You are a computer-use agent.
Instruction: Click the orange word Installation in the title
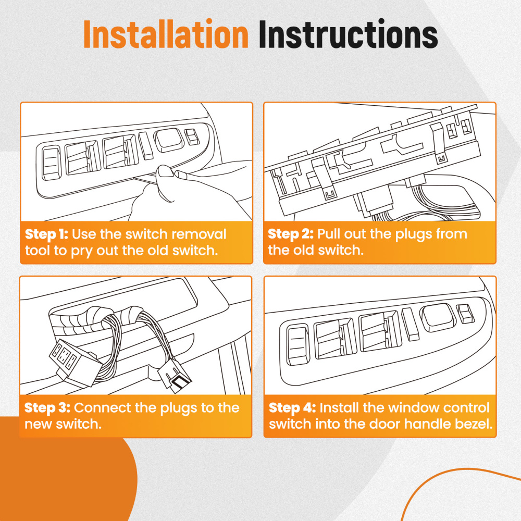[166, 34]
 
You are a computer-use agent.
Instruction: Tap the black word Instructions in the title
[348, 34]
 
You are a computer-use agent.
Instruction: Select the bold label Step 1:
[46, 234]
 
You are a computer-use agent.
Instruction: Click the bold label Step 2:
[291, 234]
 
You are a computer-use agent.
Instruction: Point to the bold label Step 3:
[47, 408]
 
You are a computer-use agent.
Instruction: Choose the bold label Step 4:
[292, 408]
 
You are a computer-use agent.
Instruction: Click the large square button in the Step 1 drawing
[169, 139]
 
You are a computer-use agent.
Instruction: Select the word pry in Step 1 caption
[82, 252]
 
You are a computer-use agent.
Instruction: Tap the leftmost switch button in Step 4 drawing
[297, 345]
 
